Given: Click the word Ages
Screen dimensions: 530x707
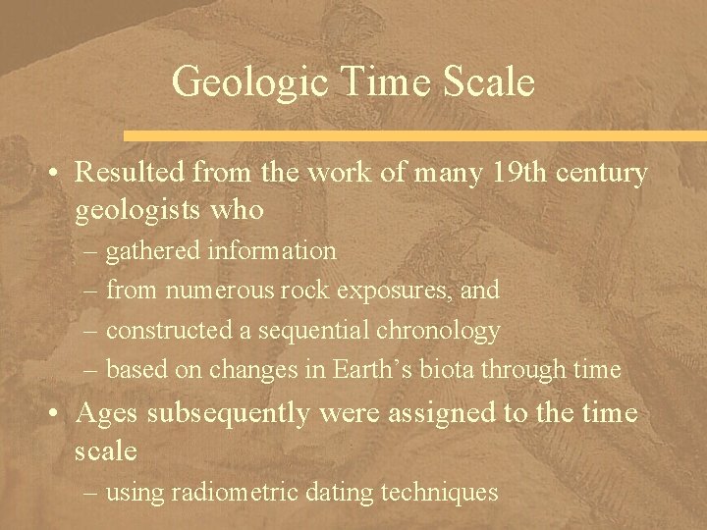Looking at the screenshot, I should pos(111,413).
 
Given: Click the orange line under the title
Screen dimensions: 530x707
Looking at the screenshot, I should pos(412,132).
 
